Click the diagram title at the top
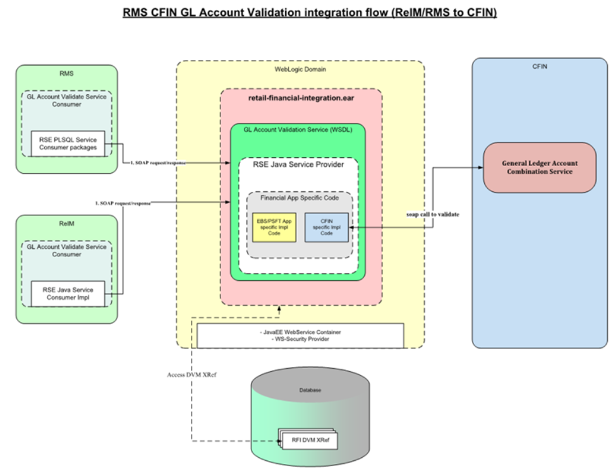click(306, 11)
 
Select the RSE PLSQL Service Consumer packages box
click(69, 143)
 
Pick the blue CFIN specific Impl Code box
click(326, 227)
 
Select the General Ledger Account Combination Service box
click(539, 167)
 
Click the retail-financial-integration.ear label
click(301, 99)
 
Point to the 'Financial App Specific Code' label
click(299, 198)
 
